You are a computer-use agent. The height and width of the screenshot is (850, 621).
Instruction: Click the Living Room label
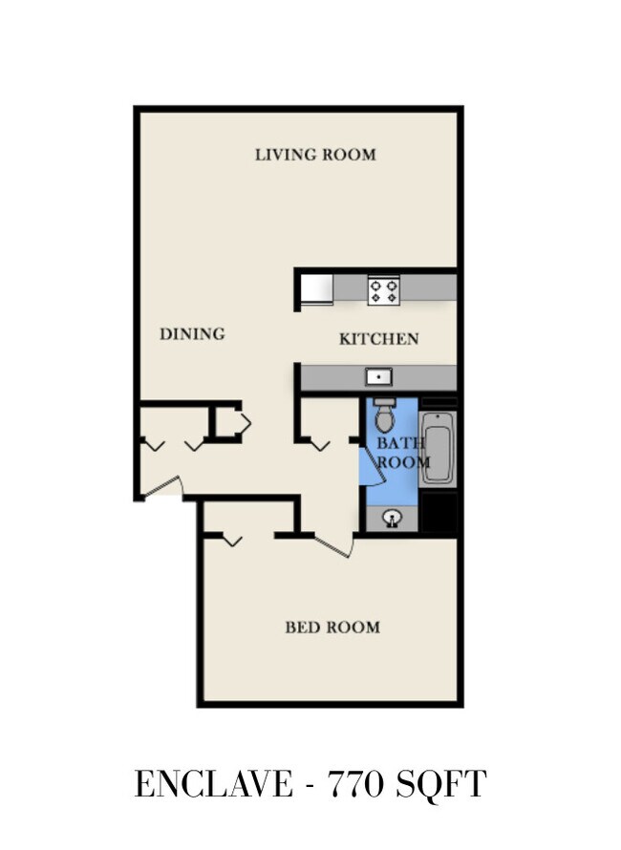315,155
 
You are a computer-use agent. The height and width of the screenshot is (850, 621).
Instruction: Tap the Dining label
192,334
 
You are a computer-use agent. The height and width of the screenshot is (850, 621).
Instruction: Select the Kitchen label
378,339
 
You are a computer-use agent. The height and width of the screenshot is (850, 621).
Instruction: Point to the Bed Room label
332,627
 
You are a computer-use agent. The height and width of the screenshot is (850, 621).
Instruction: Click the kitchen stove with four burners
383,290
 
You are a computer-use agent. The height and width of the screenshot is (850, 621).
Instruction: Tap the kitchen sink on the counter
378,376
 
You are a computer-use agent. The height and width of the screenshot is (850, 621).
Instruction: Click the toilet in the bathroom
384,414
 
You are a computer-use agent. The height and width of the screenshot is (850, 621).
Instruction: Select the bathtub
438,448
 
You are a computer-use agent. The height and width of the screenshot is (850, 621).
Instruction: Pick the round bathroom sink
392,519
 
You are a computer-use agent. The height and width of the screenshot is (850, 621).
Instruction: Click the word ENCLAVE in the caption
213,784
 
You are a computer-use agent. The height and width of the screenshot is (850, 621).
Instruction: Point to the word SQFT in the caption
440,784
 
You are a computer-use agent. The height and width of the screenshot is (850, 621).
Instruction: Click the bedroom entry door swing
334,546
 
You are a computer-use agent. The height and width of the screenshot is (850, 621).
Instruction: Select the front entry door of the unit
161,486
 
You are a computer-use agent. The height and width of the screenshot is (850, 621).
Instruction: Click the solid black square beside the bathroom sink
439,512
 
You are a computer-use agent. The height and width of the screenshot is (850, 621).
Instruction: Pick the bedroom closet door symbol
231,540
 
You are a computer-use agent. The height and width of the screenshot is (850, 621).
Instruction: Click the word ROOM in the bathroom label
403,462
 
